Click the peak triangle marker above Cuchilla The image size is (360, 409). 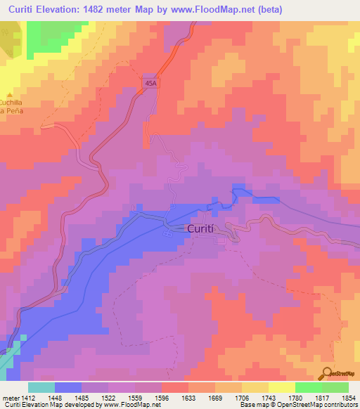point(9,95)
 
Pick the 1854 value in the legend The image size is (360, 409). point(349,396)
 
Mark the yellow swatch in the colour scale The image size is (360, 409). point(281,387)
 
